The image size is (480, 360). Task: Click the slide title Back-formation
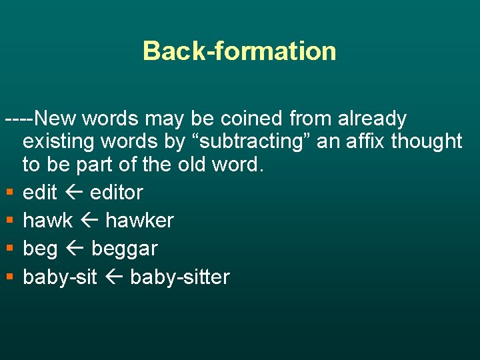tap(239, 51)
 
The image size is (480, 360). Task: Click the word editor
tap(116, 193)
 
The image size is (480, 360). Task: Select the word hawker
tap(139, 221)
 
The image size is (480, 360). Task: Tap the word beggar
tap(124, 249)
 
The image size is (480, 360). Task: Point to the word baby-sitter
tap(179, 277)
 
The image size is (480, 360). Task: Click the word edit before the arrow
tap(40, 193)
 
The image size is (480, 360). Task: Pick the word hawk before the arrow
tap(47, 221)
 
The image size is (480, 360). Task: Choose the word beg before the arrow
tap(40, 249)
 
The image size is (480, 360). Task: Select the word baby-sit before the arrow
tap(61, 277)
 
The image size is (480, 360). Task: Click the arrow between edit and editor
tap(73, 193)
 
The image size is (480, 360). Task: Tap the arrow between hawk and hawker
tap(89, 221)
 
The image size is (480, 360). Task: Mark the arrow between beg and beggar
tap(74, 249)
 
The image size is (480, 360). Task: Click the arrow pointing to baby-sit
tap(114, 277)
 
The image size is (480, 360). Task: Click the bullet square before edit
tap(8, 193)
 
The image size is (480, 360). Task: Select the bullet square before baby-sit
tap(8, 277)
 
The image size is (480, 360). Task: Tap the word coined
tap(245, 119)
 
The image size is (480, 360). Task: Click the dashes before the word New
tap(19, 119)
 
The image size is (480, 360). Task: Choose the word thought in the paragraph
tap(427, 141)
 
